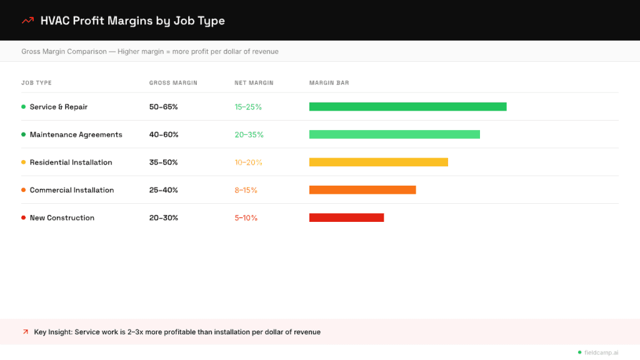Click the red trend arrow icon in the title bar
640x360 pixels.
coord(27,21)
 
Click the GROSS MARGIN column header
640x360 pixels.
coord(173,83)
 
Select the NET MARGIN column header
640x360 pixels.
coord(254,83)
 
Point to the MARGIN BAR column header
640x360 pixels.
coord(329,83)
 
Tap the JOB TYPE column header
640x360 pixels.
coord(36,83)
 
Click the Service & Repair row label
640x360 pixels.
coord(58,107)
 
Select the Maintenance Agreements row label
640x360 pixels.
coord(76,134)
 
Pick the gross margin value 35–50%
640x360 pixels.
coord(164,162)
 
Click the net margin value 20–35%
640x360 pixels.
coord(249,134)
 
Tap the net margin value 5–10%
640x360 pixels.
coord(246,218)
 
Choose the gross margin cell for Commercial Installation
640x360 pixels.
coord(164,190)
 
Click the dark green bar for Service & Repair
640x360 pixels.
coord(407,107)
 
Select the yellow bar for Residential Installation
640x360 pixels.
coord(378,162)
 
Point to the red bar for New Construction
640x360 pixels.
coord(346,217)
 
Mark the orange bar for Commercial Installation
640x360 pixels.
coord(362,190)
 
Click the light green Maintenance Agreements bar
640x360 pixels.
coord(394,134)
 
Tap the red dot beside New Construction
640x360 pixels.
coord(24,218)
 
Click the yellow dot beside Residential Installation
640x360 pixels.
coord(24,162)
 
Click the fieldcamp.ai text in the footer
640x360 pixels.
coord(601,352)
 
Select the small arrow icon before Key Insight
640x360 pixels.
coord(26,332)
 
